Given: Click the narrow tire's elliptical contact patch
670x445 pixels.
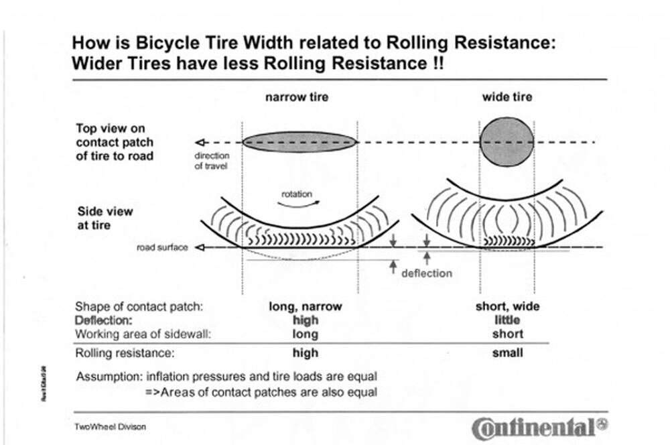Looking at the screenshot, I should click(x=299, y=142).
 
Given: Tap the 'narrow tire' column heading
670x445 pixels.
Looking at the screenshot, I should click(x=297, y=97).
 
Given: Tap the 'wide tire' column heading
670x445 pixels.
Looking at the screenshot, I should click(x=507, y=97).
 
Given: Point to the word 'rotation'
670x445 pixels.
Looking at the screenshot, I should click(x=296, y=194).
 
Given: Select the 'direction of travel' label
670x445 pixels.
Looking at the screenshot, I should click(x=211, y=161).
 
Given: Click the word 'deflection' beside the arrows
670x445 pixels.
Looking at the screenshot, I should click(x=426, y=273).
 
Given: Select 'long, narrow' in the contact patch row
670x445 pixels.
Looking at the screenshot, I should click(x=305, y=306).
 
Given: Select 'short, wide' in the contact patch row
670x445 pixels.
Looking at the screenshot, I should click(x=507, y=306).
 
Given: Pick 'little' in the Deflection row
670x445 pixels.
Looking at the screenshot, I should click(x=507, y=320).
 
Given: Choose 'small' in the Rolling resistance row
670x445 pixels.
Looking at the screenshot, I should click(x=507, y=353).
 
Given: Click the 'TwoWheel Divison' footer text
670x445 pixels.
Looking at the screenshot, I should click(x=111, y=426).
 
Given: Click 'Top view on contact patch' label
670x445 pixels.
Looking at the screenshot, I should click(x=114, y=142).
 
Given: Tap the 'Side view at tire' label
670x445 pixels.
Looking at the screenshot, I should click(x=105, y=218).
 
